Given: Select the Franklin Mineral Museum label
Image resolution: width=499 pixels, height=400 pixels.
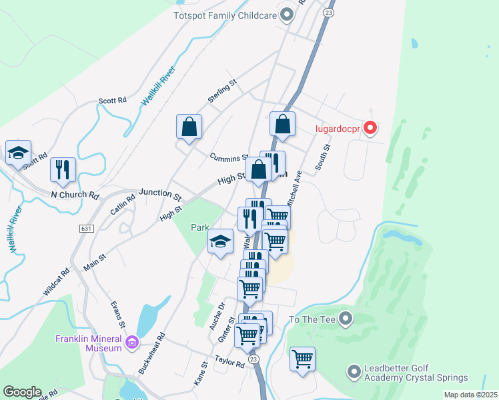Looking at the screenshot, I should [89, 342].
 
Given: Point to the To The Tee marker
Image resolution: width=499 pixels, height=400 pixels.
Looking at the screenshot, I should [345, 320].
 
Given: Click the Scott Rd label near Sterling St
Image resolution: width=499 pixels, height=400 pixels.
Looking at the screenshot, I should [112, 101].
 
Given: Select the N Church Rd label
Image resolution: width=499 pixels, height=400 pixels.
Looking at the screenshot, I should [75, 196].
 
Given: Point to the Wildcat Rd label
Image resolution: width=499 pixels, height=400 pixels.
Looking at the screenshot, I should [57, 282].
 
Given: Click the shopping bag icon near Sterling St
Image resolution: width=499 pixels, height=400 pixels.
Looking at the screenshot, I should [189, 127].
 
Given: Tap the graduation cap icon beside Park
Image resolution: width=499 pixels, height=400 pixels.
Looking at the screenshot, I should [220, 241].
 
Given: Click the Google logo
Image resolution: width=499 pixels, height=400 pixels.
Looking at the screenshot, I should [22, 392].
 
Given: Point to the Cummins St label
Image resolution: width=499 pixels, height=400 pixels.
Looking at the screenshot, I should [229, 157].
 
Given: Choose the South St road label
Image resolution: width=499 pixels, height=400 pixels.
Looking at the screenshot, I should [324, 157].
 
